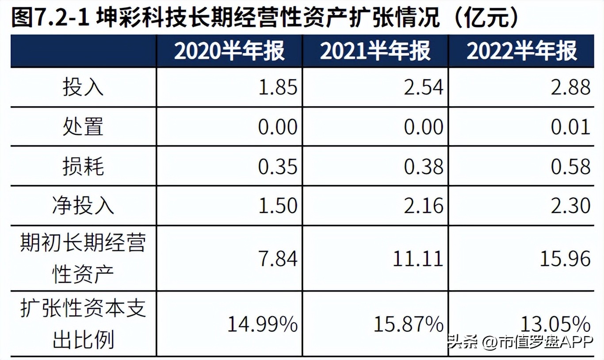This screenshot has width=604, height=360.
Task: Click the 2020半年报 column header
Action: point(229,51)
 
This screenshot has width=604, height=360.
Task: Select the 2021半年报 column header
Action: point(375,51)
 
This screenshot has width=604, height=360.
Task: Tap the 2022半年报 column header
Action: point(522,51)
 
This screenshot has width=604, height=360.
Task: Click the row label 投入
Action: point(83,88)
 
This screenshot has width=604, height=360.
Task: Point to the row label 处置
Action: point(83,127)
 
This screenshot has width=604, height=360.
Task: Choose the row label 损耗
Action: point(83,166)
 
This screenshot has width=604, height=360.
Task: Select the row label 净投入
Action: point(83,206)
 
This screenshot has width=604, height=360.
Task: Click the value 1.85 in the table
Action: point(278,88)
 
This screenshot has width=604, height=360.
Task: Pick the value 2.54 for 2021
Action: point(424,88)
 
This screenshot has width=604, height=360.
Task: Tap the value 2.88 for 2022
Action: point(571,88)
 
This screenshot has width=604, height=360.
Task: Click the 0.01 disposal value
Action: point(571,127)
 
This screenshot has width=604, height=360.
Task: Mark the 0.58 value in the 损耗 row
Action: point(571,167)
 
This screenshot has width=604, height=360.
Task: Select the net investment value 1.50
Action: point(278,206)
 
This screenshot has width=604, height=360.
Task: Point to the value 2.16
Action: point(424,206)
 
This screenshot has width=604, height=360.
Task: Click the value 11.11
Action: point(418,258)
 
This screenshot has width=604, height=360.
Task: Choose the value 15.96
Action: point(565,258)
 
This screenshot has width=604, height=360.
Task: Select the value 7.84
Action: point(278,258)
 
